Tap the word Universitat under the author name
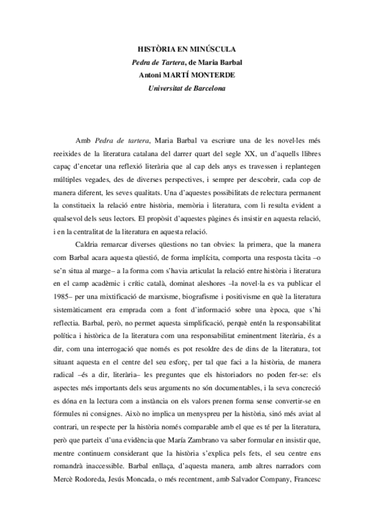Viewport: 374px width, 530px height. (x=167, y=87)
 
